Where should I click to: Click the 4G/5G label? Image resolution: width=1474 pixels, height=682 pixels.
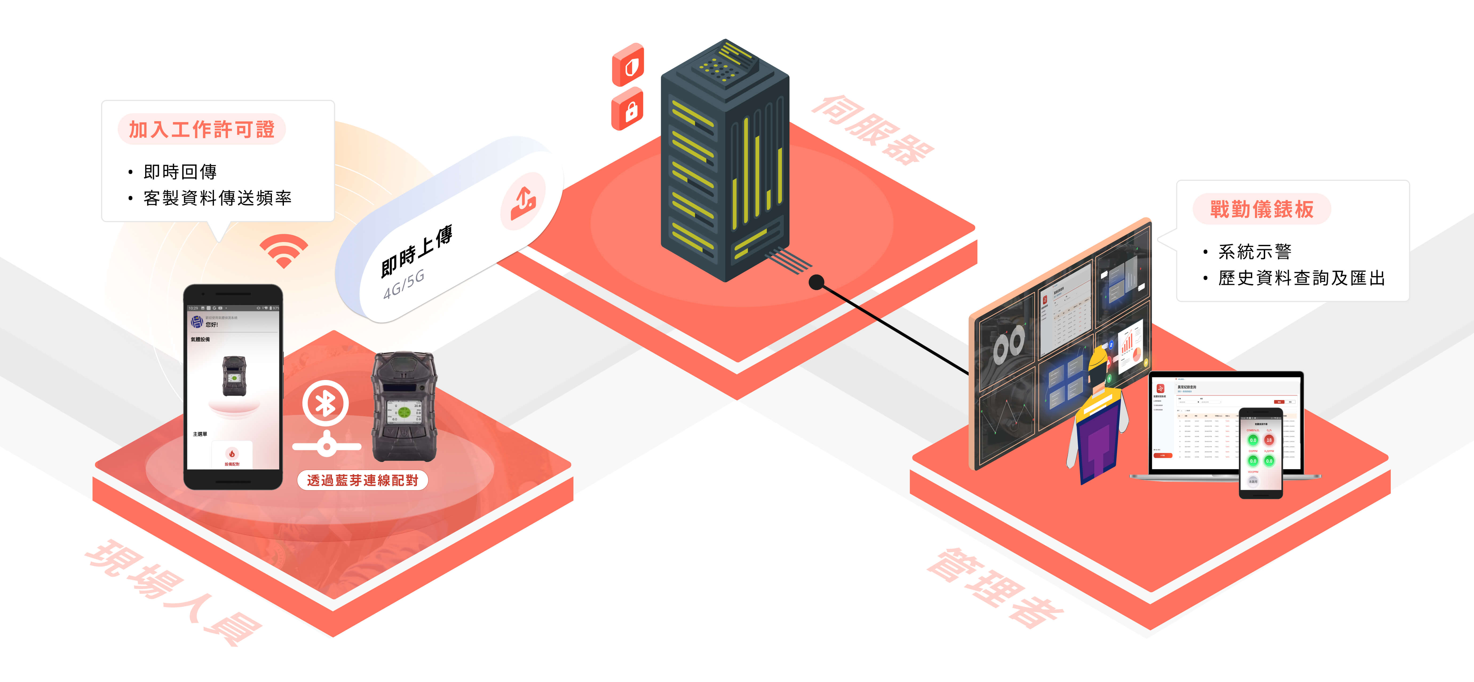tap(404, 285)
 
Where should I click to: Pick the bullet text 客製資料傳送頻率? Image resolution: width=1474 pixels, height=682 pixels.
tap(217, 198)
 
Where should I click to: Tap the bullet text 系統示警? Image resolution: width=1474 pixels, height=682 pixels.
tap(1254, 251)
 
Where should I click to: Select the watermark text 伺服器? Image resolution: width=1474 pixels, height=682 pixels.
tap(873, 131)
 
